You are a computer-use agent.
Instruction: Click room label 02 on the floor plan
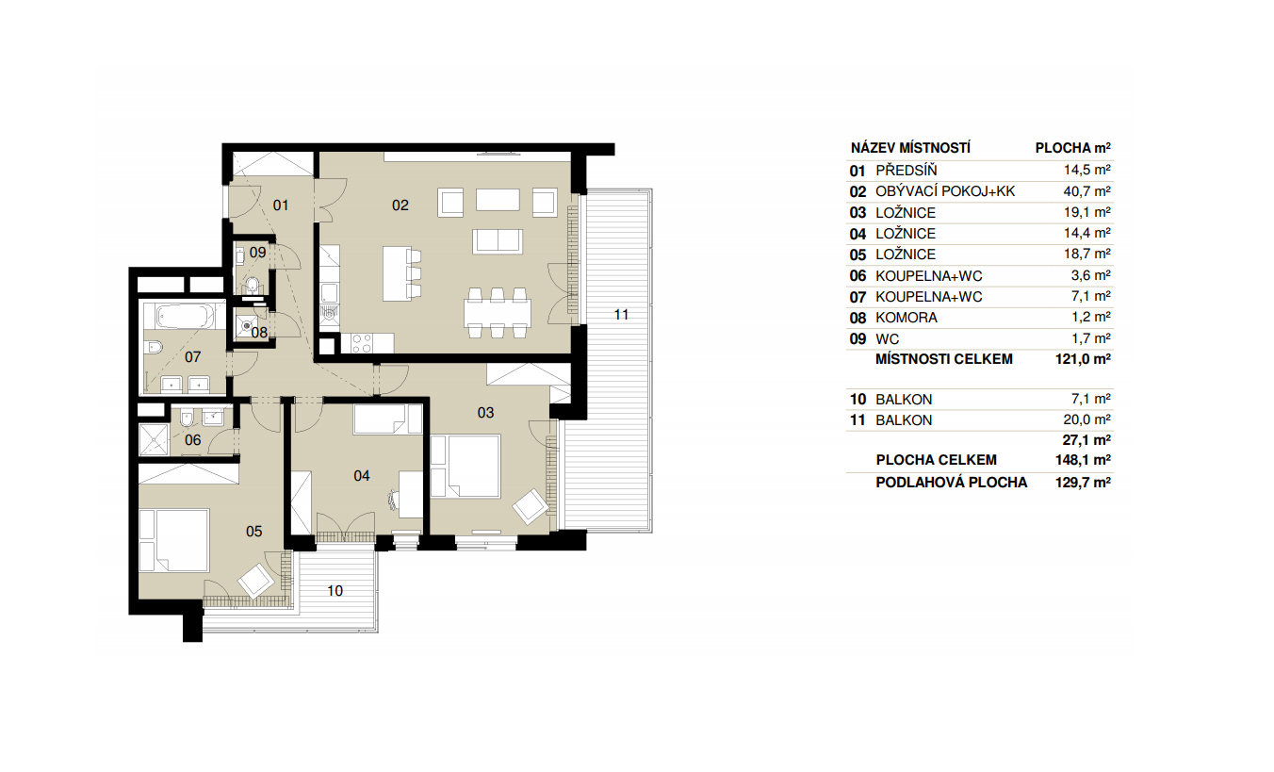click(x=400, y=205)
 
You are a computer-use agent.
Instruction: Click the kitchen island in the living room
click(x=397, y=273)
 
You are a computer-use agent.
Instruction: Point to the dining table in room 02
click(x=498, y=312)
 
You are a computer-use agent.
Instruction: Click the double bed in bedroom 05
click(x=174, y=540)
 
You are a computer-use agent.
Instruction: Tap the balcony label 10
click(x=335, y=591)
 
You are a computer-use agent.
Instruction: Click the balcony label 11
click(x=621, y=315)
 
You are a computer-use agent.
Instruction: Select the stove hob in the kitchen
click(x=362, y=343)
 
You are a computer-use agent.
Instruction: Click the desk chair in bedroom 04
click(x=392, y=499)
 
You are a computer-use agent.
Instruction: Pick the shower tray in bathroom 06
click(x=155, y=440)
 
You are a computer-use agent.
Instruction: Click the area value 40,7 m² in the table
click(x=1086, y=191)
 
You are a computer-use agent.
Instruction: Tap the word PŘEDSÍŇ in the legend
click(x=906, y=171)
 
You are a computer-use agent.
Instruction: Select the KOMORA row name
click(x=906, y=318)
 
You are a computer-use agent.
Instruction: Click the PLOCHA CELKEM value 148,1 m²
click(x=1083, y=460)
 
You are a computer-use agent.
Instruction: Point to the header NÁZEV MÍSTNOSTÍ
click(x=910, y=148)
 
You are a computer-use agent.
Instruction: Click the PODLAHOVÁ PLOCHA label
click(x=951, y=483)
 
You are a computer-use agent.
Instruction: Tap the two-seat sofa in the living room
click(x=498, y=240)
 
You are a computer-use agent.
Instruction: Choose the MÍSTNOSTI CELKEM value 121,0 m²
click(x=1083, y=359)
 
